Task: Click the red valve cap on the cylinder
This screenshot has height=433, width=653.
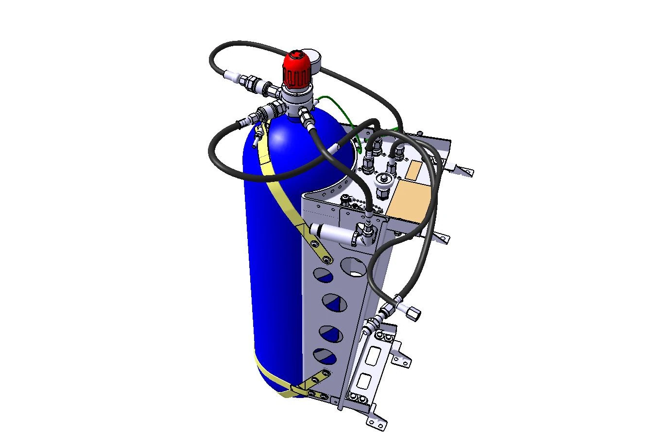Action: [x=297, y=68]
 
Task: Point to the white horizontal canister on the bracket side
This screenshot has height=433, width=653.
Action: [x=332, y=233]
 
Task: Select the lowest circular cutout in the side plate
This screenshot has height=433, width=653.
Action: [x=325, y=356]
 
